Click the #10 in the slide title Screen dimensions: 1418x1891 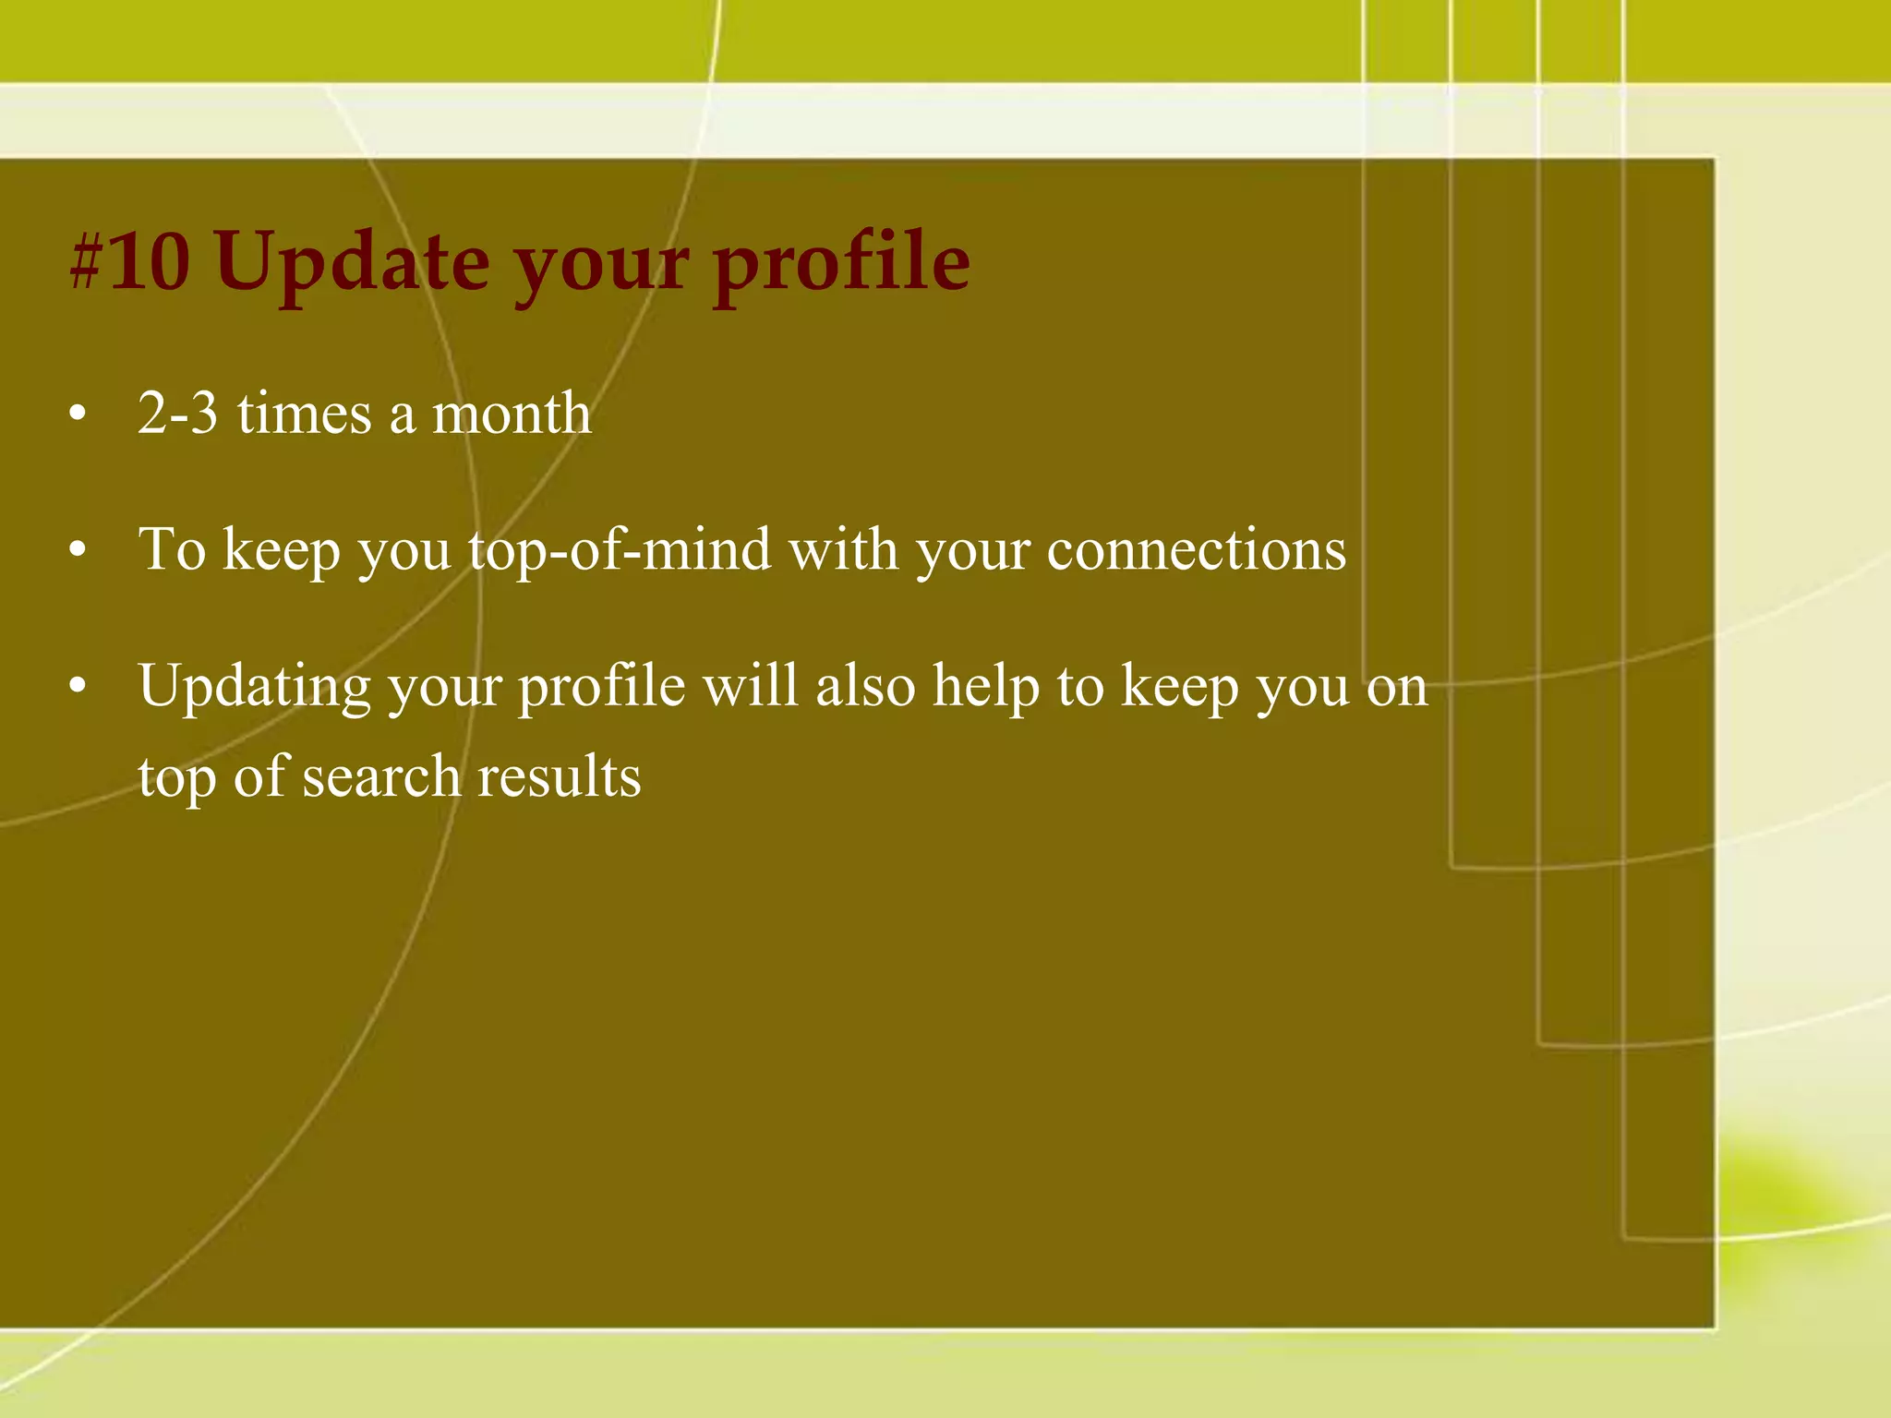pos(129,262)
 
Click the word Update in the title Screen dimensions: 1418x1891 pos(353,262)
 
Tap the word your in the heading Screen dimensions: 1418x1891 pos(600,262)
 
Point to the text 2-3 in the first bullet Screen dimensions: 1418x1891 pos(177,413)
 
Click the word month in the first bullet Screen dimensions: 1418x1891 pos(512,413)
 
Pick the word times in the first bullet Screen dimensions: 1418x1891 pos(305,413)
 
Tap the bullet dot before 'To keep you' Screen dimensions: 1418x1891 pos(78,551)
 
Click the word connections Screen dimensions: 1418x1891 pos(1197,551)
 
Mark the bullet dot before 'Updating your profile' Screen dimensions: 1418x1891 pos(78,687)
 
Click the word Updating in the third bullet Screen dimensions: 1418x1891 pos(255,687)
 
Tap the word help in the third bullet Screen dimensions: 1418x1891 pos(985,687)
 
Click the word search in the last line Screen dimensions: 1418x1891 pos(381,776)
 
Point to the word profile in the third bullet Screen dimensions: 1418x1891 pos(601,687)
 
